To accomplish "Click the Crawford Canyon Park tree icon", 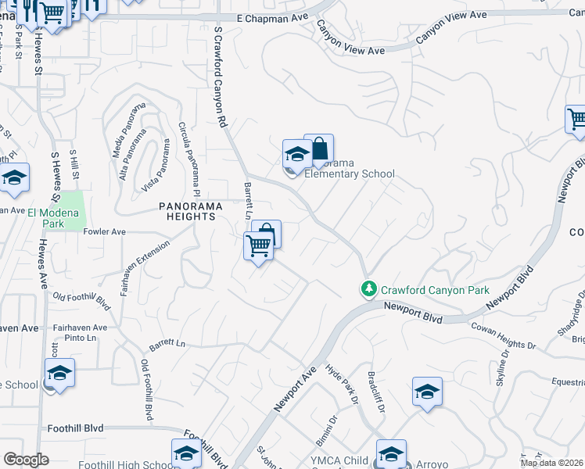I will click(x=368, y=289).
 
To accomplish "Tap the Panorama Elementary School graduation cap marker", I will click(x=296, y=156).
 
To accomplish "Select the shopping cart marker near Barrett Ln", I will click(x=258, y=246).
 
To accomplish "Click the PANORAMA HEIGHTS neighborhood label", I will click(x=191, y=212).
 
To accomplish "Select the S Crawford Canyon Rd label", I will click(x=220, y=76).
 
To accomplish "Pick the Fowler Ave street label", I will click(x=104, y=232).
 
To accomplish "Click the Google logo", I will click(x=26, y=460).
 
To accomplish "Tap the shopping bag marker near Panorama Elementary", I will click(x=319, y=149).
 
